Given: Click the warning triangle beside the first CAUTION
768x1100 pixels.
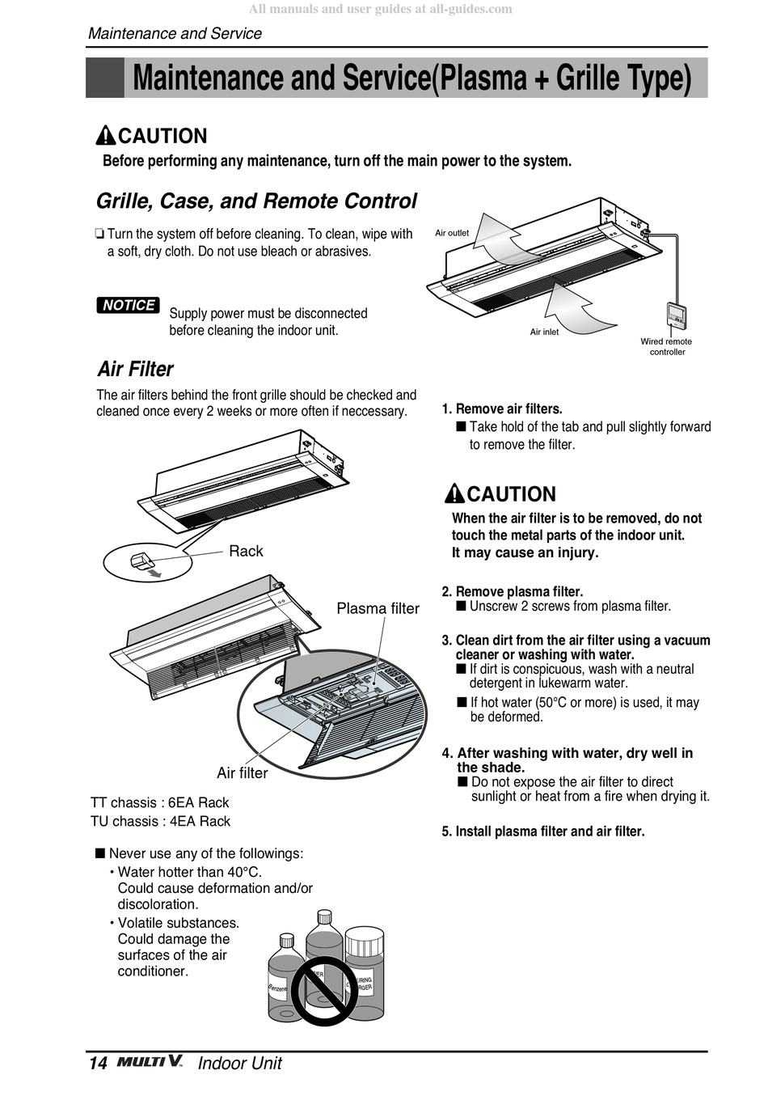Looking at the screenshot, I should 106,136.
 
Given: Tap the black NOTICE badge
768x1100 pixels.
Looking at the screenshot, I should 129,305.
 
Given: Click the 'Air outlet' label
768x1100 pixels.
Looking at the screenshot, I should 452,233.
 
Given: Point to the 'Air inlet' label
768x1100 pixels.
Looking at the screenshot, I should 544,332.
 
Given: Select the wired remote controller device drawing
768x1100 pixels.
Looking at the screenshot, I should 676,315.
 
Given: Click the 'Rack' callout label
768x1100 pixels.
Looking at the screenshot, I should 246,551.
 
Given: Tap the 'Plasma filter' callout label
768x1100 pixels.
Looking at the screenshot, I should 378,608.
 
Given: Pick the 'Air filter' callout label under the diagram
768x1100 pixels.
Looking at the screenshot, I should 242,772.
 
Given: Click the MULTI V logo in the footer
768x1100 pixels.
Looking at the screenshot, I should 150,1062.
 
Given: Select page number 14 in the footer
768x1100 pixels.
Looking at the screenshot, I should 97,1063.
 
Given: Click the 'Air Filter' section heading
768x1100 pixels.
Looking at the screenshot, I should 135,369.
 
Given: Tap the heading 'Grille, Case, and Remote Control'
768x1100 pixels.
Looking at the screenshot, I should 256,201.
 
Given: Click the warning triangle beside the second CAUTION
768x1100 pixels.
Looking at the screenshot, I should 455,493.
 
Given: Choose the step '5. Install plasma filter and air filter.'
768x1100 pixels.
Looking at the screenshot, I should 542,831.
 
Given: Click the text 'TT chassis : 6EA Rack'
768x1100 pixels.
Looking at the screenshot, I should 159,802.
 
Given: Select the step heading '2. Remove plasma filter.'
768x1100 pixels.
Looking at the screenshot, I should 512,591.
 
